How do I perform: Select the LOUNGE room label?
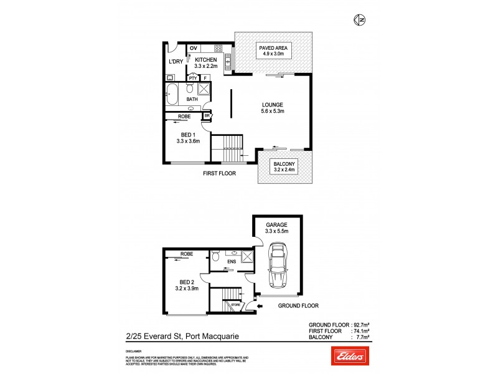click(273, 104)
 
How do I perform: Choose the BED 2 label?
click(184, 281)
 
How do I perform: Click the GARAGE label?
click(276, 224)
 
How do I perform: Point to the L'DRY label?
click(176, 62)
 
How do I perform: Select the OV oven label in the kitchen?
click(193, 49)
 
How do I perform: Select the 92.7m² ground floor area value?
click(361, 325)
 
